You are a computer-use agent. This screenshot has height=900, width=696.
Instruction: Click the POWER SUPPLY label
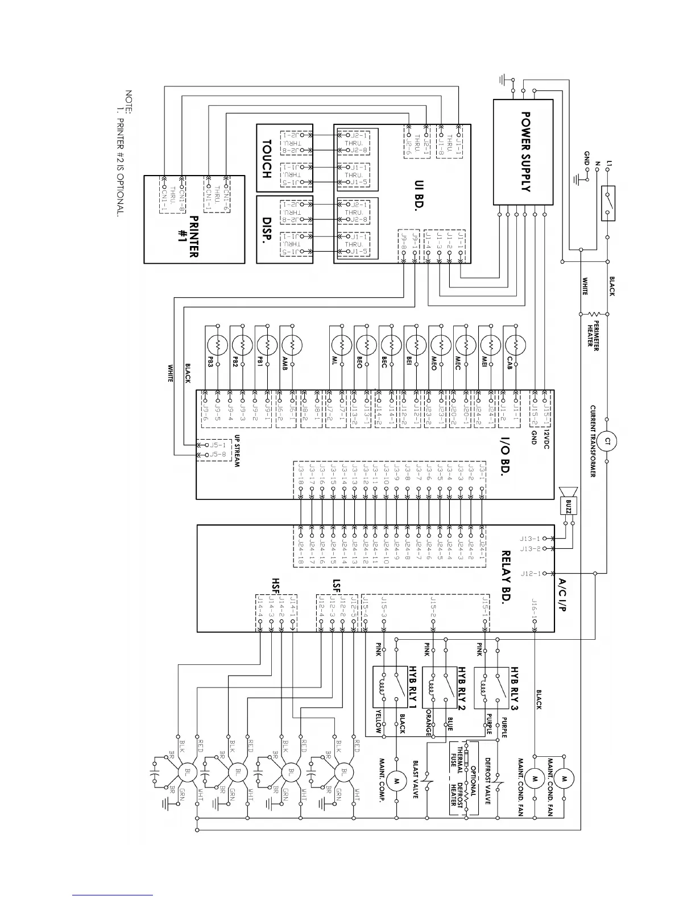(526, 152)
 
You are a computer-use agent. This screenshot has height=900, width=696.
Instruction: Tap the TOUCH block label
(266, 159)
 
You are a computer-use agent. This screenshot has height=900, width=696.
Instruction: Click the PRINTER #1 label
(189, 236)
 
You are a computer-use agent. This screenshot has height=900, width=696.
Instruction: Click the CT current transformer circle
(607, 441)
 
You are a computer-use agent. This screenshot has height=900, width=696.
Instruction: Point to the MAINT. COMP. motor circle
(396, 781)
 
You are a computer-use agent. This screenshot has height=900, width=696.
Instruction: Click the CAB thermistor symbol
(515, 345)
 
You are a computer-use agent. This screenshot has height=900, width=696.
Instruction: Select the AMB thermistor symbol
(292, 345)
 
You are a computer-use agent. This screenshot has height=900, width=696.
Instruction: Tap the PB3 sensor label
(210, 362)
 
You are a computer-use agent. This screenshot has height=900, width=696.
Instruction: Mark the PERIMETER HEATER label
(593, 336)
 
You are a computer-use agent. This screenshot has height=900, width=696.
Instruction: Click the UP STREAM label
(237, 452)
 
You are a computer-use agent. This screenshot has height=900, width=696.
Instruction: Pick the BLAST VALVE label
(415, 780)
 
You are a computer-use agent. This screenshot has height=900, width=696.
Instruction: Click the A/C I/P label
(561, 595)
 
